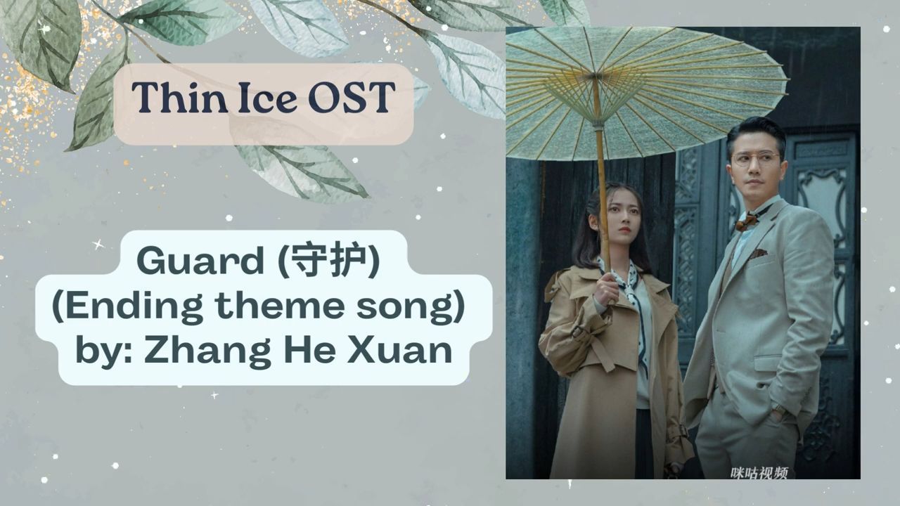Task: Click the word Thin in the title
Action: coord(179,97)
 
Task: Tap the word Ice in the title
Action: coord(268,97)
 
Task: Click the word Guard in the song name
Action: coord(200,261)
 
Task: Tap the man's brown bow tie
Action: coord(747,221)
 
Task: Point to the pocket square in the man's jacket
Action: coord(758,253)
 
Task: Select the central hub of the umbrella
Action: coord(595,76)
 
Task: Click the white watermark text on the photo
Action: coord(759,473)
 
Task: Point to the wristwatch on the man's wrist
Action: coord(779,409)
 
